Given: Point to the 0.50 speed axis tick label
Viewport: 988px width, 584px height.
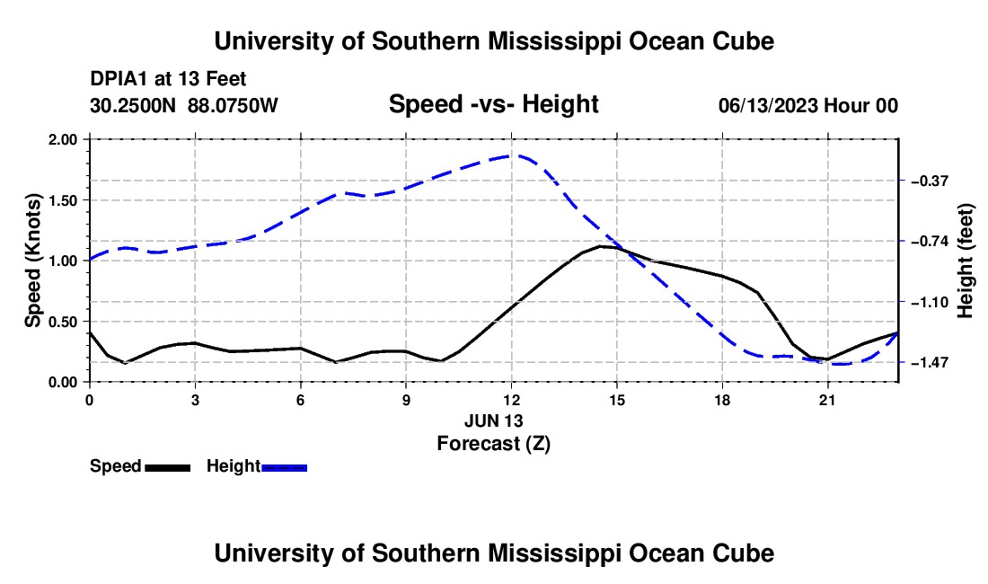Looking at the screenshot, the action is tap(62, 322).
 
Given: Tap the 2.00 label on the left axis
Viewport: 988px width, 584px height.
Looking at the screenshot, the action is tap(62, 139).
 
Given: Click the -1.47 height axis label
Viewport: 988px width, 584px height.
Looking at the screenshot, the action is tap(930, 363).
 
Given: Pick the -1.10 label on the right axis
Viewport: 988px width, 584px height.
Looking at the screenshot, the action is tap(930, 303).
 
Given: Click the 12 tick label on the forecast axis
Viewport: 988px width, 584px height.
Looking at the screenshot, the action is tap(512, 400).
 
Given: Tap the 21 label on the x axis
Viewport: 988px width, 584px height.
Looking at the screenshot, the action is tap(827, 400).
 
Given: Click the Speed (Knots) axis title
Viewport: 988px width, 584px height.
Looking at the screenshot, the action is tap(32, 261).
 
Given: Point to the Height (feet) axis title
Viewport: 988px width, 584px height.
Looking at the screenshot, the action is tap(966, 261).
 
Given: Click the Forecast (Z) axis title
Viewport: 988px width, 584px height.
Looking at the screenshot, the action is tap(494, 444).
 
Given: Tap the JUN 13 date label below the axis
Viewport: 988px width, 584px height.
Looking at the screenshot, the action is tap(494, 420).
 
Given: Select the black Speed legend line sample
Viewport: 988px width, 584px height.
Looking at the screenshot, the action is tap(168, 468).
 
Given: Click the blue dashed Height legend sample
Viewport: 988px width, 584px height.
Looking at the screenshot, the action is tap(284, 468).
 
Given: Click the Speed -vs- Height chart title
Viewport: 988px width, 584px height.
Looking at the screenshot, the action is tap(494, 104).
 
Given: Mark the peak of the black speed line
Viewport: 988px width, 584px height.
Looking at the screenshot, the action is tap(601, 246).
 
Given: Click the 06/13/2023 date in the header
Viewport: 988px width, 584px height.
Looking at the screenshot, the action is tap(767, 105).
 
